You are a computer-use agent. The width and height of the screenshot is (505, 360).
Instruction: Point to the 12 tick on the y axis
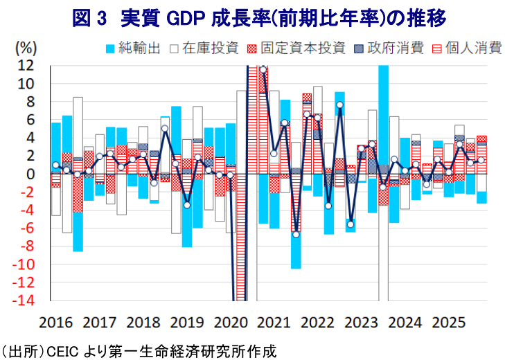click(26, 66)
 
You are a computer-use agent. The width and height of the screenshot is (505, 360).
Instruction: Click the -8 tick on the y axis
click(26, 247)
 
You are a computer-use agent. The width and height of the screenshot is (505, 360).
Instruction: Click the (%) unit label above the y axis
click(26, 48)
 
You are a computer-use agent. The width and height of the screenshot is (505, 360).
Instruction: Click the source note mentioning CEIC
click(139, 350)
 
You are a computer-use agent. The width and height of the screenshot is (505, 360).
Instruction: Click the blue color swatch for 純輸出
click(110, 48)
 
